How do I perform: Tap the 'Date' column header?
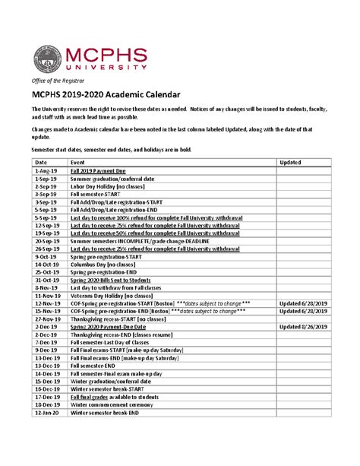pos(41,163)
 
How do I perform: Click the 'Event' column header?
pos(77,163)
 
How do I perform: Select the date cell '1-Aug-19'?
pos(46,173)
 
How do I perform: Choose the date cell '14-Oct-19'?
pos(47,264)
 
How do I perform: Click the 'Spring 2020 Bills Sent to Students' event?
pos(116,280)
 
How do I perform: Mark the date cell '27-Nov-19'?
pos(47,319)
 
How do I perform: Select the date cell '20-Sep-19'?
pos(47,241)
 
